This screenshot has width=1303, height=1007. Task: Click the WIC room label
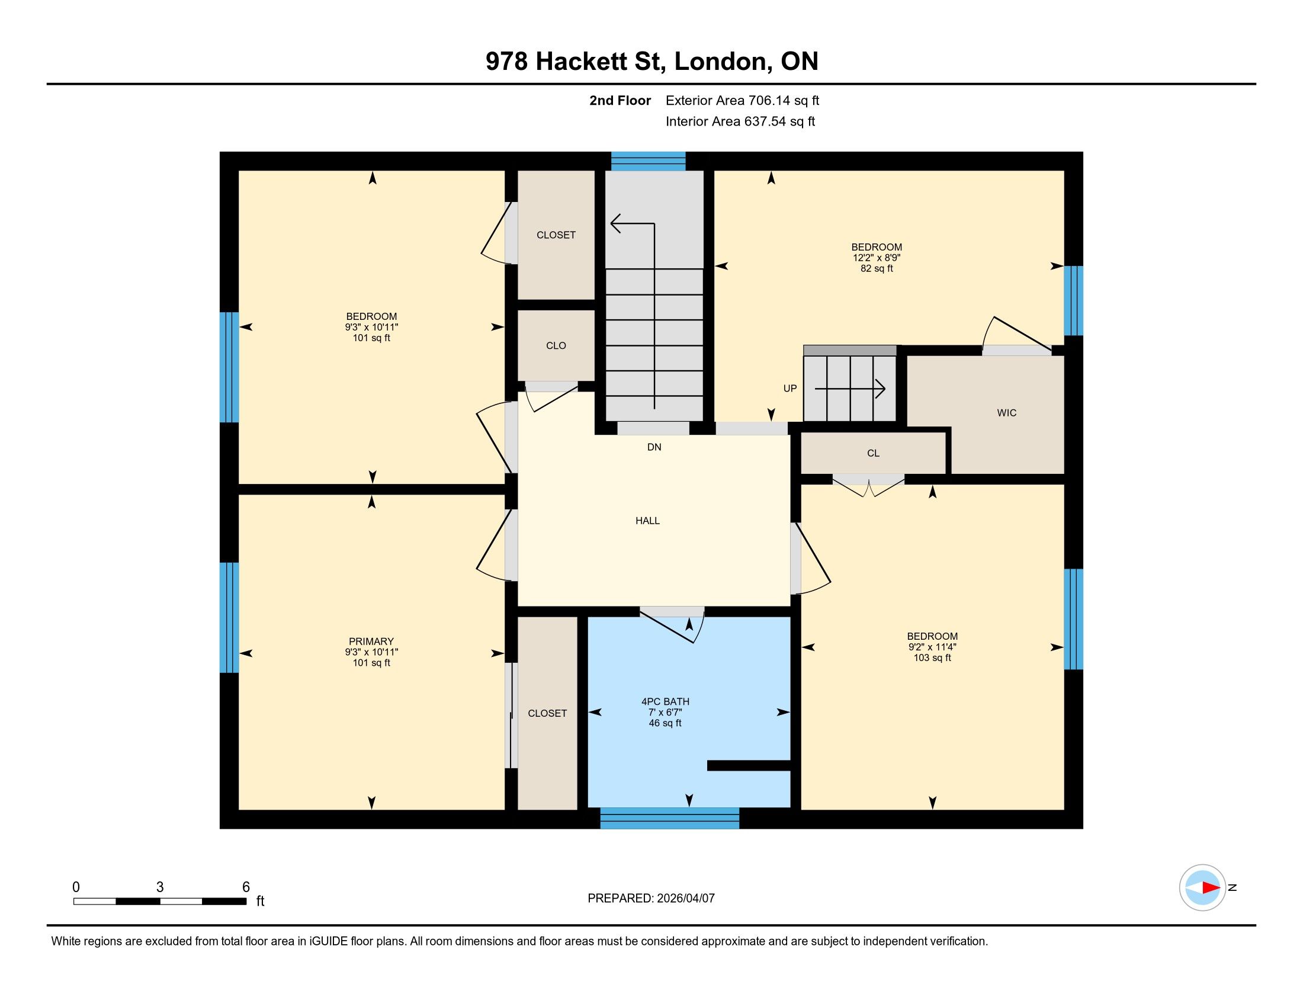(1006, 413)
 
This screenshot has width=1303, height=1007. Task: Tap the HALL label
(647, 521)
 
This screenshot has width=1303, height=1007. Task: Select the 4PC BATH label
(665, 701)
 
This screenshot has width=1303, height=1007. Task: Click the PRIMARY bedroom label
(371, 642)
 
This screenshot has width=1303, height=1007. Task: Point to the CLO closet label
(556, 346)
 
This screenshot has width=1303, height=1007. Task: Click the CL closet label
(873, 453)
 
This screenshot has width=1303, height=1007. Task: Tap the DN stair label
(654, 447)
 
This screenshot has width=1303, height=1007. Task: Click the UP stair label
(790, 389)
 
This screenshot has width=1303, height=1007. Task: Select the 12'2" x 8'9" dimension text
(877, 258)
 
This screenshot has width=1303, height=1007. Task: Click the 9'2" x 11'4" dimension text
(932, 647)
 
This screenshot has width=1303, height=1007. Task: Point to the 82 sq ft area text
(877, 268)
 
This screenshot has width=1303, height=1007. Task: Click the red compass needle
(1211, 888)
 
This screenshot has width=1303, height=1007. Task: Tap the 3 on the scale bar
(160, 887)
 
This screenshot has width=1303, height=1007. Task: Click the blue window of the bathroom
(669, 818)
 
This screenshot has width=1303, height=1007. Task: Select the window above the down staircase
(648, 161)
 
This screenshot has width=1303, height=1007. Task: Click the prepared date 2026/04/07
(685, 899)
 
